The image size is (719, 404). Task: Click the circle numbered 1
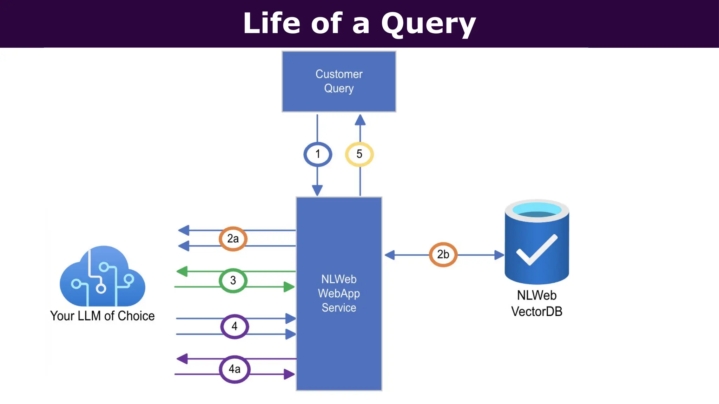pos(317,154)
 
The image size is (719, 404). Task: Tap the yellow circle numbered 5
pos(359,154)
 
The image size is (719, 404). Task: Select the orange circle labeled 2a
pos(233,239)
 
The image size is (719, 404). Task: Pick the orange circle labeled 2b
pos(443,255)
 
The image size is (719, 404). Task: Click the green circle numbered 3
pos(233,281)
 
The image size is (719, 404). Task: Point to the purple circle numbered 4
pos(235,326)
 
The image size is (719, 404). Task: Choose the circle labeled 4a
pos(235,369)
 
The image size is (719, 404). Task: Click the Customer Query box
pos(339,81)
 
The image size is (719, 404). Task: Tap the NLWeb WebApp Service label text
pos(339,294)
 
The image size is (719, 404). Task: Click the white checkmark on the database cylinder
pos(536,250)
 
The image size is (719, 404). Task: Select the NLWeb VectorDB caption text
pos(536,303)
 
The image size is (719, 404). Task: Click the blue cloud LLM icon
pos(103,277)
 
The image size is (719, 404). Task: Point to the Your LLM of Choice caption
pos(102,316)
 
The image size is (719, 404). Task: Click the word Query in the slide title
pos(428,24)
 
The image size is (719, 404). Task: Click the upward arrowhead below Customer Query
pos(360,120)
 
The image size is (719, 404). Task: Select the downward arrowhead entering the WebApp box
pos(317,190)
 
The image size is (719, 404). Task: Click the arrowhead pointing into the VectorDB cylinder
pos(499,255)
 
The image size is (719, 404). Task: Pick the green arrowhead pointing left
pos(182,271)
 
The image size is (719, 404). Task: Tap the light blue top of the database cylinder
pos(536,209)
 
